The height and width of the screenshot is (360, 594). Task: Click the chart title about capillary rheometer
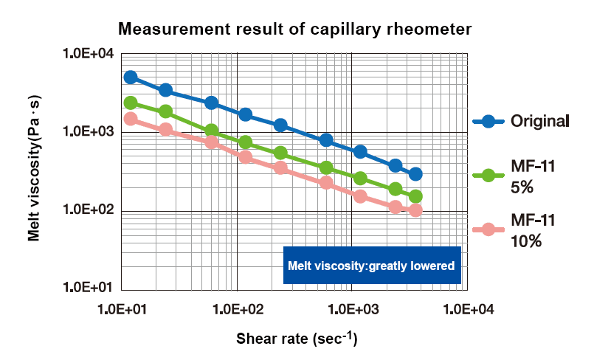295,30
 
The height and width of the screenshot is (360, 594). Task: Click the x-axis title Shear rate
297,339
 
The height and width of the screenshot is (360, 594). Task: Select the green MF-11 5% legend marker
488,176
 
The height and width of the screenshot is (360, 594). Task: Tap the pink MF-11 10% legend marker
488,229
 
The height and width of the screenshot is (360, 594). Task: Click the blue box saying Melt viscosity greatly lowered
372,266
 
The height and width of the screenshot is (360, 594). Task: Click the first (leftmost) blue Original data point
131,77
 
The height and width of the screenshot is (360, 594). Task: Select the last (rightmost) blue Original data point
415,174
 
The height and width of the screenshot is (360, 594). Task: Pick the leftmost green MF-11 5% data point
131,103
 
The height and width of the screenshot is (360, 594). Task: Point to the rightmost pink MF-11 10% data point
415,210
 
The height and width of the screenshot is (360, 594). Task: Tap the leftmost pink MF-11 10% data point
131,119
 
